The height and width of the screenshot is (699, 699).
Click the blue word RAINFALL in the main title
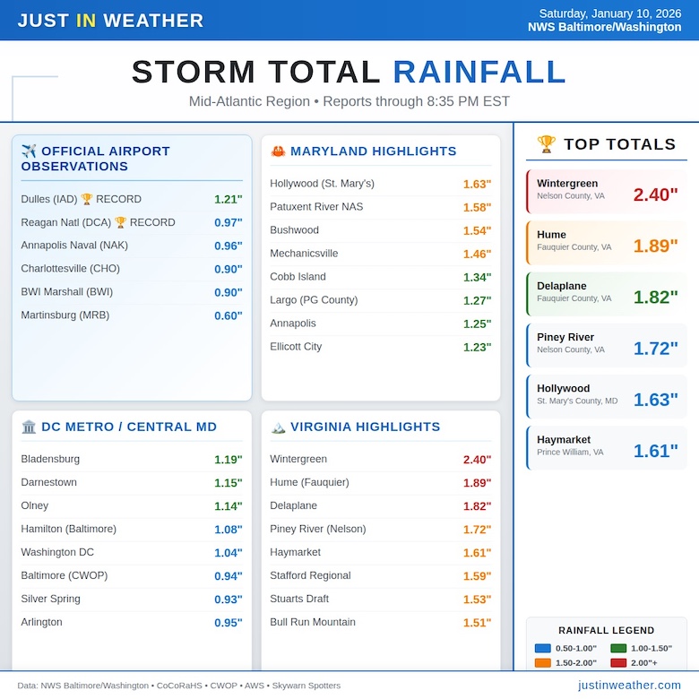click(x=479, y=73)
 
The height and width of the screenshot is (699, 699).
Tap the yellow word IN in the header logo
click(x=86, y=21)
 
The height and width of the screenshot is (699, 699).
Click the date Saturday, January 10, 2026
click(x=610, y=13)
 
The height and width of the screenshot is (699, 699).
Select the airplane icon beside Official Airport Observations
click(x=29, y=151)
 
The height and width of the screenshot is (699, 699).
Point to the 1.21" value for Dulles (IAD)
click(x=228, y=199)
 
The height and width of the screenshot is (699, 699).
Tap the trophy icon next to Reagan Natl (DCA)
click(x=120, y=222)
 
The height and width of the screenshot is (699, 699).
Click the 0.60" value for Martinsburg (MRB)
click(x=228, y=315)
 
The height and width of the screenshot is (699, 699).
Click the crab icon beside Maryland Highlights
click(x=278, y=151)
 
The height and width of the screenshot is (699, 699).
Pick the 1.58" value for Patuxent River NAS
click(x=477, y=207)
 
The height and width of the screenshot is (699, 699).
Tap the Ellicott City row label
click(x=296, y=347)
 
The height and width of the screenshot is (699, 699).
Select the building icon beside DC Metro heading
click(x=29, y=427)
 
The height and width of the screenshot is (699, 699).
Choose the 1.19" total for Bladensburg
click(x=228, y=460)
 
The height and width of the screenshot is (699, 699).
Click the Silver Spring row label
click(x=50, y=599)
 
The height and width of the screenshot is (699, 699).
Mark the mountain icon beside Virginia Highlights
click(x=278, y=427)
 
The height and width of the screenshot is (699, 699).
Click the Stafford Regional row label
click(x=310, y=575)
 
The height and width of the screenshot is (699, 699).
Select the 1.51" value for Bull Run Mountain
click(x=477, y=623)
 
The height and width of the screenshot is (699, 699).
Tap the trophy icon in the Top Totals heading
click(x=547, y=144)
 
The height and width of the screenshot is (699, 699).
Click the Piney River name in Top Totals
click(x=565, y=337)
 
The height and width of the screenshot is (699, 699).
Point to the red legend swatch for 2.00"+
click(x=618, y=663)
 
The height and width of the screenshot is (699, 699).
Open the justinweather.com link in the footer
click(x=629, y=685)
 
